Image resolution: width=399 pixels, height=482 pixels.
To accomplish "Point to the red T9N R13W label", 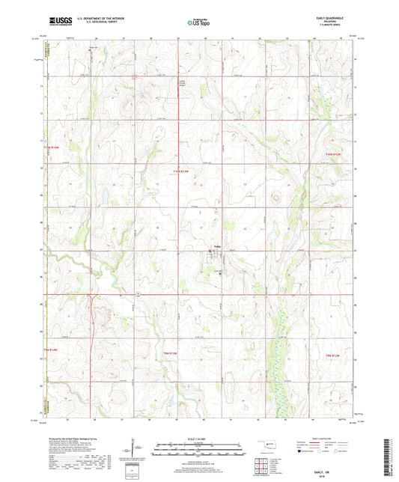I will [49, 351].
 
